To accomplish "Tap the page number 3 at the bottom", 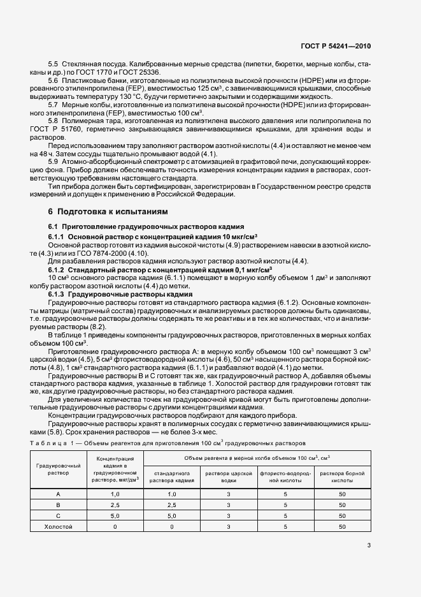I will tap(368, 545).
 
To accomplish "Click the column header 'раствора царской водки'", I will tap(228, 476).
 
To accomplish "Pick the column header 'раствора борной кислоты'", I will tap(343, 476).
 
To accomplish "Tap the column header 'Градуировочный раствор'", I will tap(59, 470).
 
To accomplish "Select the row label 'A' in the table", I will tap(59, 494).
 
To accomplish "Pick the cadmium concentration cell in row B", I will tap(115, 505).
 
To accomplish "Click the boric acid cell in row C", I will tap(343, 516).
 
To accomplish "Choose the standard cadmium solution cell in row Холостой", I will tap(171, 527).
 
